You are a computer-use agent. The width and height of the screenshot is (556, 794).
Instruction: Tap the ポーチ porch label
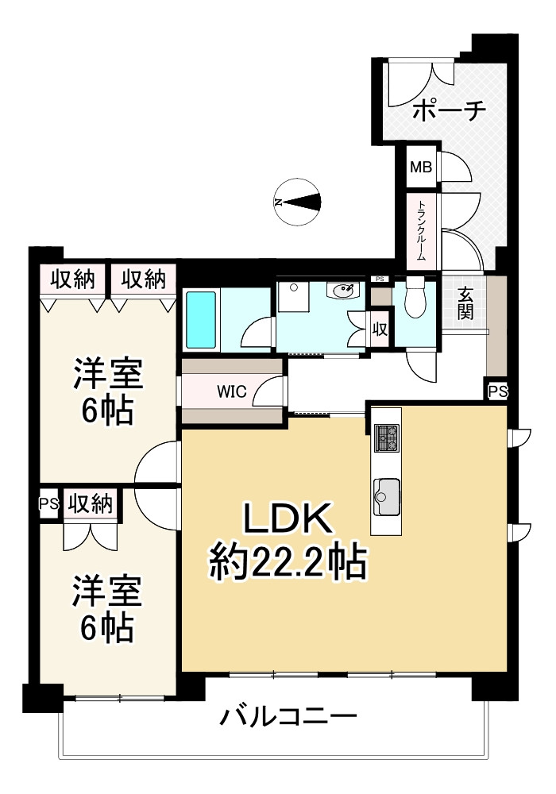coord(449,110)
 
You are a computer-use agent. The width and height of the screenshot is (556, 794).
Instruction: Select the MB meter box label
coord(421,168)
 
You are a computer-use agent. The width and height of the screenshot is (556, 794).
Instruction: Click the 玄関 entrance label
coord(465,303)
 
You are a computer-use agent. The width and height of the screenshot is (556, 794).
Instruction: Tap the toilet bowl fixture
coord(415,299)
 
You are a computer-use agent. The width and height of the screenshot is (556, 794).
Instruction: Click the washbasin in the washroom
coord(344,291)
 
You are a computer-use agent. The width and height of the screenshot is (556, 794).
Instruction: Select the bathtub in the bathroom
coord(202,318)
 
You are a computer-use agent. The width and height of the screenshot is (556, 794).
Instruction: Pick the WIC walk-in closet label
coord(234,391)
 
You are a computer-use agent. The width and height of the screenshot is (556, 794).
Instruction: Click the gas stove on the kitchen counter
coord(387,436)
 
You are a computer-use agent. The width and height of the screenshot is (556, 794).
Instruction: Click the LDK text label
coord(286,522)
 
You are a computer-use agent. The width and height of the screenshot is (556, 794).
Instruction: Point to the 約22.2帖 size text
coord(287,564)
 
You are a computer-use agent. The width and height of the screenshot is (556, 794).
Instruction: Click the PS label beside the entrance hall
coord(497,391)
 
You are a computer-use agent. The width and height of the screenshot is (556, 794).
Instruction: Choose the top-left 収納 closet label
coord(73,279)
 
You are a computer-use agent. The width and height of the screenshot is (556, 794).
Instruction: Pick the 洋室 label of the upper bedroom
coord(108,373)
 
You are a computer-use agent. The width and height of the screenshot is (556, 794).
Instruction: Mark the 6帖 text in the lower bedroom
coord(106,629)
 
